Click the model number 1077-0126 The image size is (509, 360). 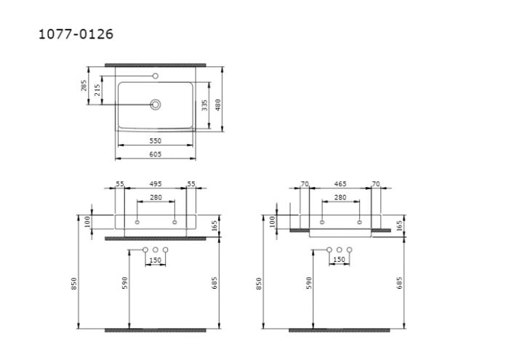pyautogui.click(x=76, y=34)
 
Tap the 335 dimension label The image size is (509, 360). pyautogui.click(x=206, y=105)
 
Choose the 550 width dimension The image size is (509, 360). pyautogui.click(x=155, y=140)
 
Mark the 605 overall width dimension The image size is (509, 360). pyautogui.click(x=155, y=154)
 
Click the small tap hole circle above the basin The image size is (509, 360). pyautogui.click(x=155, y=75)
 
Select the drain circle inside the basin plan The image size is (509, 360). pyautogui.click(x=155, y=105)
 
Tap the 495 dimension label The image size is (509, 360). pyautogui.click(x=156, y=185)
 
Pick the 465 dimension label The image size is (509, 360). pyautogui.click(x=340, y=185)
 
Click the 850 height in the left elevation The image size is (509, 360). pyautogui.click(x=74, y=283)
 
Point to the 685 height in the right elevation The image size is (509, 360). pyautogui.click(x=399, y=283)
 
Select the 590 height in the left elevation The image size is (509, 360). pyautogui.click(x=124, y=283)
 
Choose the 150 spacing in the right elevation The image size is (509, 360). pyautogui.click(x=339, y=260)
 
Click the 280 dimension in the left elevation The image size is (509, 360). pyautogui.click(x=156, y=197)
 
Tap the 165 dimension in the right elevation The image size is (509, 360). pyautogui.click(x=399, y=226)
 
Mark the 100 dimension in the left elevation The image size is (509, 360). pyautogui.click(x=87, y=220)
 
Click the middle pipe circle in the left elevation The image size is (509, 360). pyautogui.click(x=155, y=250)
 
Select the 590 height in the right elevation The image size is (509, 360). pyautogui.click(x=308, y=283)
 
